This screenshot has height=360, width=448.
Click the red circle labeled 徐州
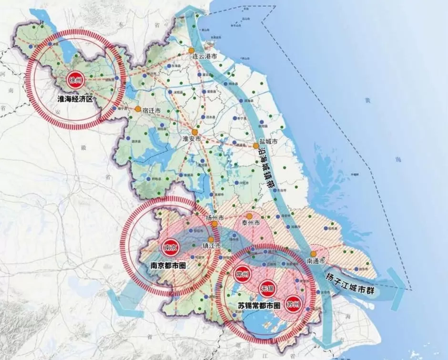coord(76,80)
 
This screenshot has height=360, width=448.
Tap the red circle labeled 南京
coord(170,247)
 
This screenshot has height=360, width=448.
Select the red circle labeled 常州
coord(243,274)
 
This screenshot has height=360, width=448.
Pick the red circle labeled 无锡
coord(267,288)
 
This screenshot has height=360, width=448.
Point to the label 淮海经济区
coord(76,100)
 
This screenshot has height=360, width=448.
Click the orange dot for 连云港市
coord(191,50)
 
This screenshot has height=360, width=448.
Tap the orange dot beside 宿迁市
coord(138,109)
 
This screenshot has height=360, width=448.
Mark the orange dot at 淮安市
coord(194,132)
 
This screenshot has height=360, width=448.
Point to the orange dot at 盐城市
coord(256,145)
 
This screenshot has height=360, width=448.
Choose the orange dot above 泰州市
coord(249,216)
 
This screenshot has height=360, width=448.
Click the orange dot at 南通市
coord(314,254)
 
